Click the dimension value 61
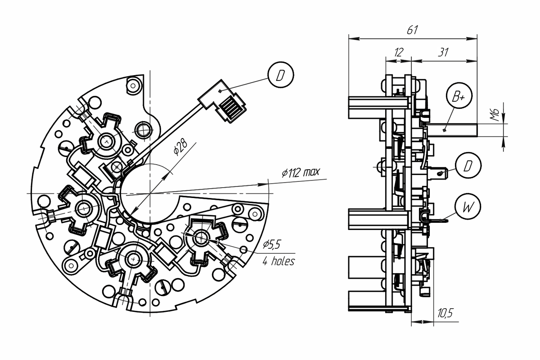(412, 30)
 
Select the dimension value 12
(399, 52)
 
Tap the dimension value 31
(443, 52)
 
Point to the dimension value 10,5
(445, 313)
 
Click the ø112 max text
(301, 172)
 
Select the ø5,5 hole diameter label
(272, 244)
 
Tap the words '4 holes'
(279, 261)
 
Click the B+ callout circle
(459, 96)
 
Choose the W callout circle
(468, 207)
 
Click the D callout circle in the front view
(281, 75)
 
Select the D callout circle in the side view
(468, 166)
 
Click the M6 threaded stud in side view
(451, 130)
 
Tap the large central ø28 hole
(150, 193)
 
